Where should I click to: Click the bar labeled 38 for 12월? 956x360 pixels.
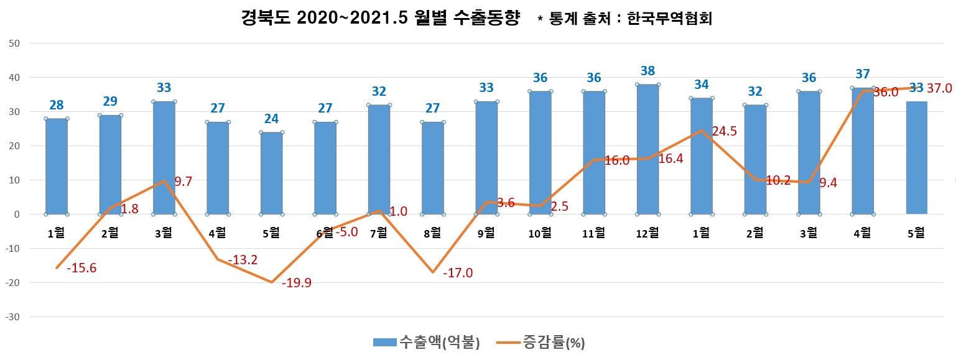click(647, 149)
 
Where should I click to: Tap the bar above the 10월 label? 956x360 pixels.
click(540, 152)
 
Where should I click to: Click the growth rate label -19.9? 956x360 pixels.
click(297, 284)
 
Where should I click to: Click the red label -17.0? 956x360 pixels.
click(458, 272)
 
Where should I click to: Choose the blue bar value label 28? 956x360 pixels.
click(57, 105)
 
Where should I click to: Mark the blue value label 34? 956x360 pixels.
click(701, 84)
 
